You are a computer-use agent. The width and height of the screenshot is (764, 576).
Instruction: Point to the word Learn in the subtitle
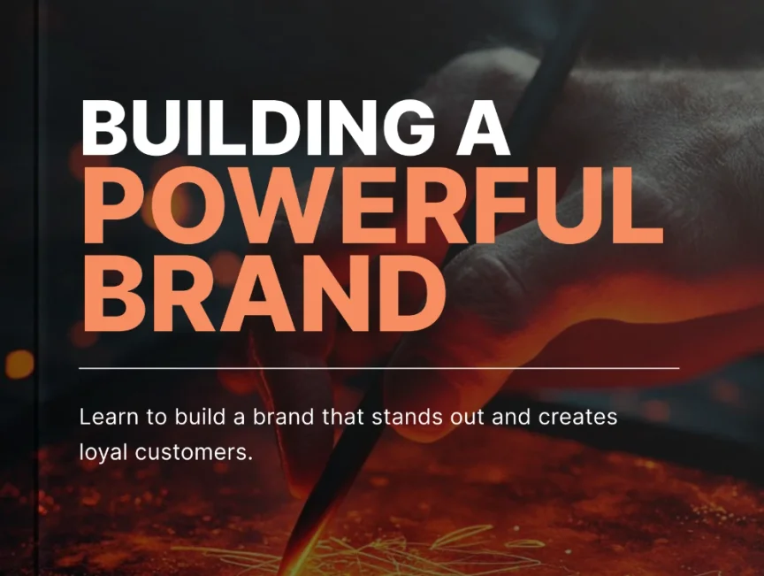tap(103, 416)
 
